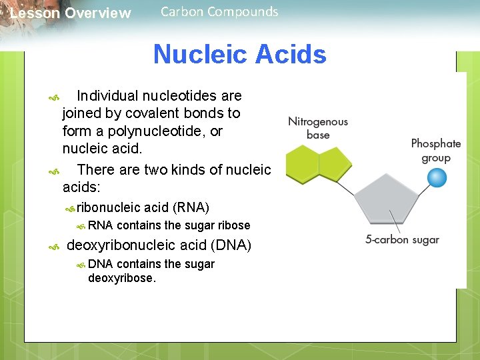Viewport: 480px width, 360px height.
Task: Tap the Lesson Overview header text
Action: click(x=71, y=13)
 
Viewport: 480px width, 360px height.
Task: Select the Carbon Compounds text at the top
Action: click(x=219, y=11)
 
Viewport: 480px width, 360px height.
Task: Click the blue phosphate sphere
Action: click(x=437, y=178)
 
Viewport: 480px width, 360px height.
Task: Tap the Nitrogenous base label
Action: click(x=318, y=128)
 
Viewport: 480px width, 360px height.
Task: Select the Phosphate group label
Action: click(x=436, y=151)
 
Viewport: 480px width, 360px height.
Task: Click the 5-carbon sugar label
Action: click(x=402, y=240)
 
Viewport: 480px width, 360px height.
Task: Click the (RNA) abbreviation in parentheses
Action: click(x=191, y=208)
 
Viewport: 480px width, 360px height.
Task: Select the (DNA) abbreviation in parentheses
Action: click(x=231, y=245)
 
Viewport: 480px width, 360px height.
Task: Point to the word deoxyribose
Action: click(x=121, y=278)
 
